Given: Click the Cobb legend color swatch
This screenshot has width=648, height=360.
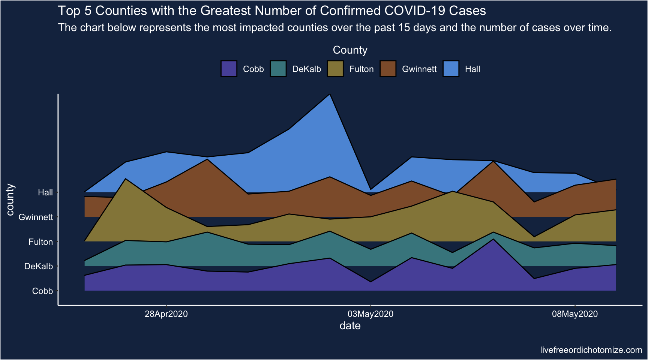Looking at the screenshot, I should [229, 69].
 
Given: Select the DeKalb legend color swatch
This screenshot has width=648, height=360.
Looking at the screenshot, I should [278, 69].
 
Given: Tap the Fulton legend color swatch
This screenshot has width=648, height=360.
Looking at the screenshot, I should [335, 69].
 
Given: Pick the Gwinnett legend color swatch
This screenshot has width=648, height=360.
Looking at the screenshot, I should [388, 69].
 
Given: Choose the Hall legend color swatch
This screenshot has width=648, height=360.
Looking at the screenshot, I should [451, 69].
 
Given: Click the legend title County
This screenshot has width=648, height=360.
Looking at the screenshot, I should [350, 50].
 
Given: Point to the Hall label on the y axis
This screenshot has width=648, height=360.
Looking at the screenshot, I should [45, 192].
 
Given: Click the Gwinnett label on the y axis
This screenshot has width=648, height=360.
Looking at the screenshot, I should [36, 217].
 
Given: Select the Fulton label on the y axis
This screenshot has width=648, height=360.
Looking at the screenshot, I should [40, 242].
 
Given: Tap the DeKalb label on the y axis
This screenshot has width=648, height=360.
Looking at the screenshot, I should [38, 266].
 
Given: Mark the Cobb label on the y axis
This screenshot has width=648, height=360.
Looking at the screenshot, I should [42, 291].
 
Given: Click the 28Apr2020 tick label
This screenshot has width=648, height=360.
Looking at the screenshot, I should [166, 314].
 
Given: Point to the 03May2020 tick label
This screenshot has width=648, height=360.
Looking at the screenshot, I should [370, 314].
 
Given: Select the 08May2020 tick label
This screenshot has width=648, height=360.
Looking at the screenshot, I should [575, 314].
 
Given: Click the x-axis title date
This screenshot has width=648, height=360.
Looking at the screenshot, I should [350, 326].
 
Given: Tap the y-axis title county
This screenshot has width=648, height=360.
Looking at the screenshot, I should [10, 199].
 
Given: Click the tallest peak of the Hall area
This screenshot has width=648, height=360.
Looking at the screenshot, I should [330, 94].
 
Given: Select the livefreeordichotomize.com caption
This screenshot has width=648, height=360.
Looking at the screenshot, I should [591, 350].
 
